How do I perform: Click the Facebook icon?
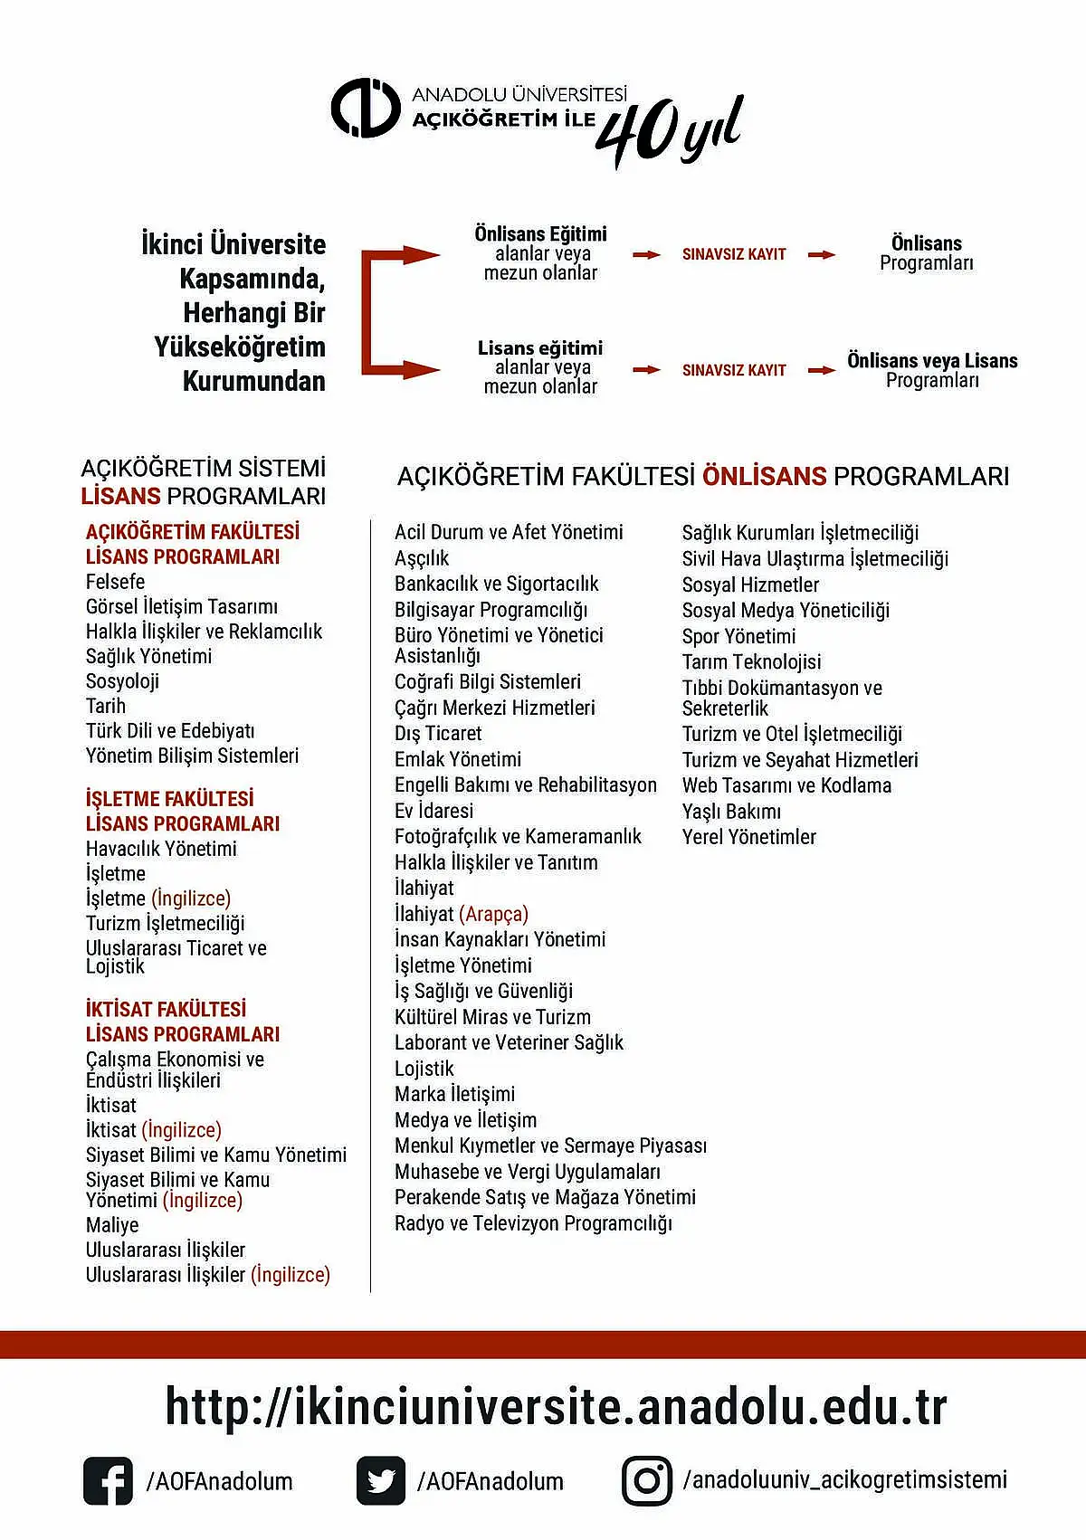(x=108, y=1481)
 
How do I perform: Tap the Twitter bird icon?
(x=381, y=1481)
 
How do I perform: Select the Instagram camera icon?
(x=647, y=1481)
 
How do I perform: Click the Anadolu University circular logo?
(x=365, y=109)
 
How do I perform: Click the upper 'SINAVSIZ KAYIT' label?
(x=734, y=254)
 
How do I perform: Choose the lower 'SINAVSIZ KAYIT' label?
(x=734, y=370)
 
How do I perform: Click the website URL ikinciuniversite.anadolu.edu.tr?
(x=556, y=1407)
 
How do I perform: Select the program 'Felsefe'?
(x=115, y=582)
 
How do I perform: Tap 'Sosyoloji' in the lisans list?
(x=122, y=681)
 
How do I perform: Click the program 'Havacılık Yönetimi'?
(x=161, y=849)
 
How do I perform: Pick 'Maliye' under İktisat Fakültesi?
(x=112, y=1225)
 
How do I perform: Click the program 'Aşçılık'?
(x=422, y=558)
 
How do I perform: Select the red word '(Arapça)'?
(x=494, y=914)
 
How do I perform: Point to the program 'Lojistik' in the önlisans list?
(x=424, y=1069)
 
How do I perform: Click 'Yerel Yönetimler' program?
(x=749, y=837)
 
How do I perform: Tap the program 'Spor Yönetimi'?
(x=739, y=636)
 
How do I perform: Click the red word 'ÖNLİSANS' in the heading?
(x=765, y=476)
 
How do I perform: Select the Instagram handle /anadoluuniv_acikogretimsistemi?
(x=845, y=1480)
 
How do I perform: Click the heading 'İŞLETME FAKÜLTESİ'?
(x=170, y=799)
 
